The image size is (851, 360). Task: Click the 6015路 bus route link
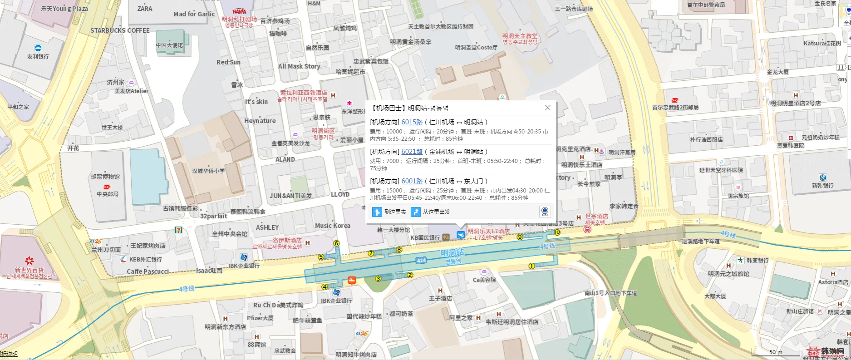coord(412,122)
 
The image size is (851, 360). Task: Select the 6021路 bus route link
coord(412,152)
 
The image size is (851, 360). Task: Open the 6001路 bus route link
coord(412,181)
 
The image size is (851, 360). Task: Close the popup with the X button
coord(548,108)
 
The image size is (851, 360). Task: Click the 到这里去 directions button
coord(389,212)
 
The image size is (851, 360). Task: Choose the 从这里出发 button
coord(431,212)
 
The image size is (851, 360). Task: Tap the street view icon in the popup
coord(545,212)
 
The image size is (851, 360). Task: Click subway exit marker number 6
coord(336,243)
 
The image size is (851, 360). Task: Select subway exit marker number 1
coord(531,266)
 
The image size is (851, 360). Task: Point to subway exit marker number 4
coord(325,286)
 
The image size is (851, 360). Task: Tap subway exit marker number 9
coord(520,237)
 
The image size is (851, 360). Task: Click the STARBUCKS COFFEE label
coord(120,30)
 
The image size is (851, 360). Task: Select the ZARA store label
coord(145,9)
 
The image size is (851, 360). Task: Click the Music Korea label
coord(333,226)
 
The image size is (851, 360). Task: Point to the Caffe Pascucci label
coord(148,271)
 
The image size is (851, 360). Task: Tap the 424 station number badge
coord(421,260)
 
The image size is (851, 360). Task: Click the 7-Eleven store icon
coord(179,230)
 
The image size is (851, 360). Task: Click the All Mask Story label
coord(299,66)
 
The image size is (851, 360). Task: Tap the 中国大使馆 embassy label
coord(169,45)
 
